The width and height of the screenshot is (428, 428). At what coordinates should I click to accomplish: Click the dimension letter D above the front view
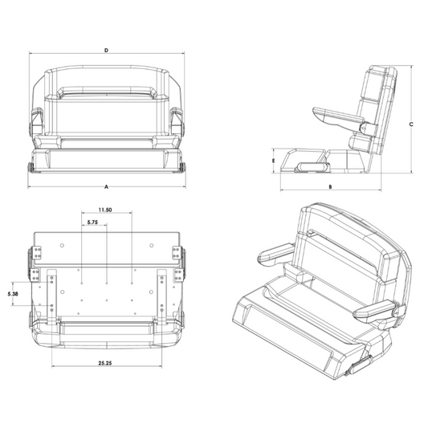107,51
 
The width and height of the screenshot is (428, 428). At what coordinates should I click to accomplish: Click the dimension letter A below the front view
107,187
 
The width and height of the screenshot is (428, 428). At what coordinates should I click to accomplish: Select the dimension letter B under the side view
330,187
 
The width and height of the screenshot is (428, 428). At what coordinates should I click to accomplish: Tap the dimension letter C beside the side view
411,124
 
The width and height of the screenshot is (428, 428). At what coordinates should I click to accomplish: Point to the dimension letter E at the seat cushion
273,161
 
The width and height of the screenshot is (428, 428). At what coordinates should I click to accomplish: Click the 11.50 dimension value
105,210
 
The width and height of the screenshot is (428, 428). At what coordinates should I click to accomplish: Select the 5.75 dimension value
92,222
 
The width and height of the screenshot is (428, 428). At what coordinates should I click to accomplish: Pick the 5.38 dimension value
13,294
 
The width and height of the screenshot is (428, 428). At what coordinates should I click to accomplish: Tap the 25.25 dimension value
105,363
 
